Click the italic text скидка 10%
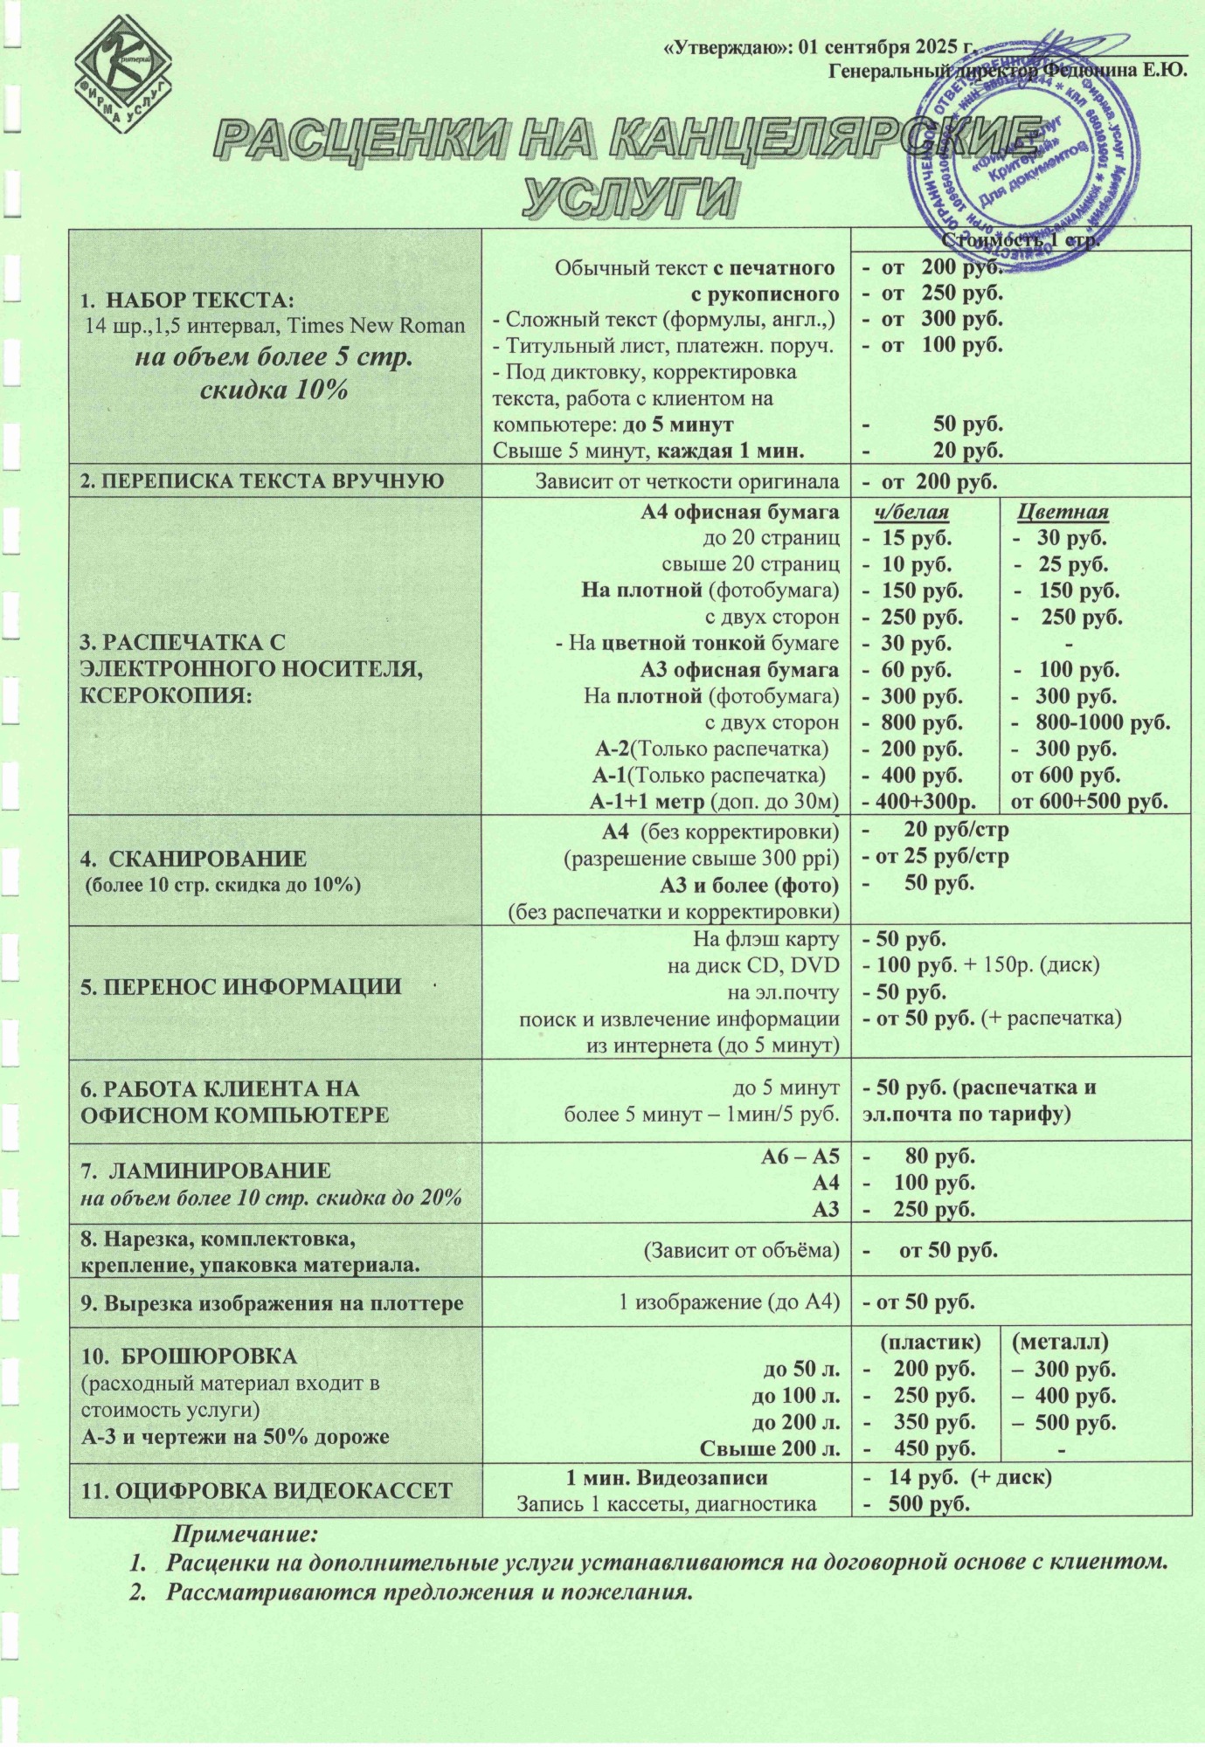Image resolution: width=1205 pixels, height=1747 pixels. coord(274,390)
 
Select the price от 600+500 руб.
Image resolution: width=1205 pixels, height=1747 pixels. coord(1089,801)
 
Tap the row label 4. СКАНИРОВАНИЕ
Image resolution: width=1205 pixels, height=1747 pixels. coord(194,858)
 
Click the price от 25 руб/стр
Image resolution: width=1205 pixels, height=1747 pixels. coord(935,856)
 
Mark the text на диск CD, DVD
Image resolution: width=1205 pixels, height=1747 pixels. coord(752,965)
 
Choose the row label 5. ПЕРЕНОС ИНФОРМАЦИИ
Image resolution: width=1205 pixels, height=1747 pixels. coord(241,987)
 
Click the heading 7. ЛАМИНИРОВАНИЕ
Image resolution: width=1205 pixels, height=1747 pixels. coord(205,1170)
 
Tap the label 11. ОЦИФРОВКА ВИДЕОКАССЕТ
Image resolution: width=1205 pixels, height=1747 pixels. coord(267,1490)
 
